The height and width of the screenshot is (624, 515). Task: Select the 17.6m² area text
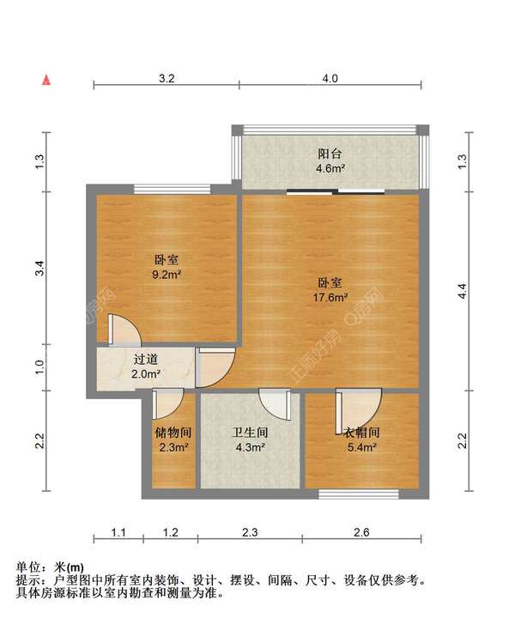(x=330, y=298)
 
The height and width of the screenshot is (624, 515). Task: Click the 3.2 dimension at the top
(x=167, y=78)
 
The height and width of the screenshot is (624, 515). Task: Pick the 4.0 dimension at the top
(x=330, y=78)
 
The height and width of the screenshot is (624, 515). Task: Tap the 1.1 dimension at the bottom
(x=118, y=533)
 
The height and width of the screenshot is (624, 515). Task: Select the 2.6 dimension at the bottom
(x=360, y=533)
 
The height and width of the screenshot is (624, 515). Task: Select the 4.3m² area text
(x=250, y=446)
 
